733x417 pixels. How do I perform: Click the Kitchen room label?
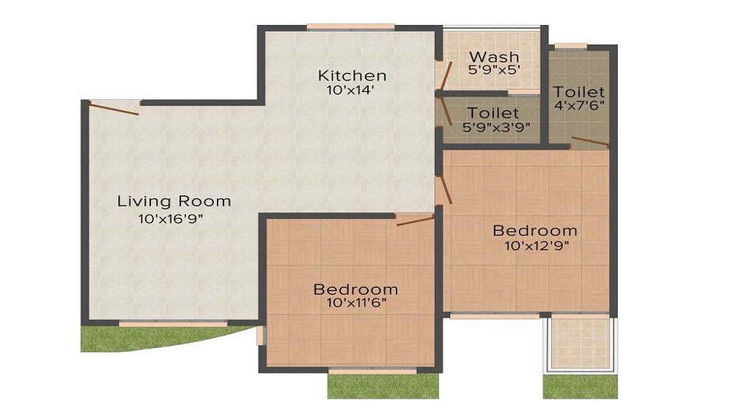(x=352, y=76)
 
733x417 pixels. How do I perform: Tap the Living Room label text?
(x=174, y=201)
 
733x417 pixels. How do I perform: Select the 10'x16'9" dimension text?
(x=169, y=218)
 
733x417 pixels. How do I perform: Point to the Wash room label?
(x=494, y=57)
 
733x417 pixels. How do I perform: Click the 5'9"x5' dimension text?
(x=494, y=70)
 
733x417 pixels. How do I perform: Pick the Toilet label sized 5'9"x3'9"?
(x=493, y=114)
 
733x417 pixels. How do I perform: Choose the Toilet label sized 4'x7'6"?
(x=579, y=93)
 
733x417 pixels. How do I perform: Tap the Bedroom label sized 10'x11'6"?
(x=356, y=289)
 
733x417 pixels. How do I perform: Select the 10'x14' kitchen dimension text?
(x=352, y=91)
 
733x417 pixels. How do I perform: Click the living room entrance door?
(x=114, y=109)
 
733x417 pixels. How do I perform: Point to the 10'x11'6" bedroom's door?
(x=415, y=220)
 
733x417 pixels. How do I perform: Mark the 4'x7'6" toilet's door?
(x=589, y=142)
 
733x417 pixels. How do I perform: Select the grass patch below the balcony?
(x=580, y=387)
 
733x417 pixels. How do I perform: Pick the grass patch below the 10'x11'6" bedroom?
(x=383, y=386)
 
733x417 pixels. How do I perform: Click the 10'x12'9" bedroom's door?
(x=444, y=189)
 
